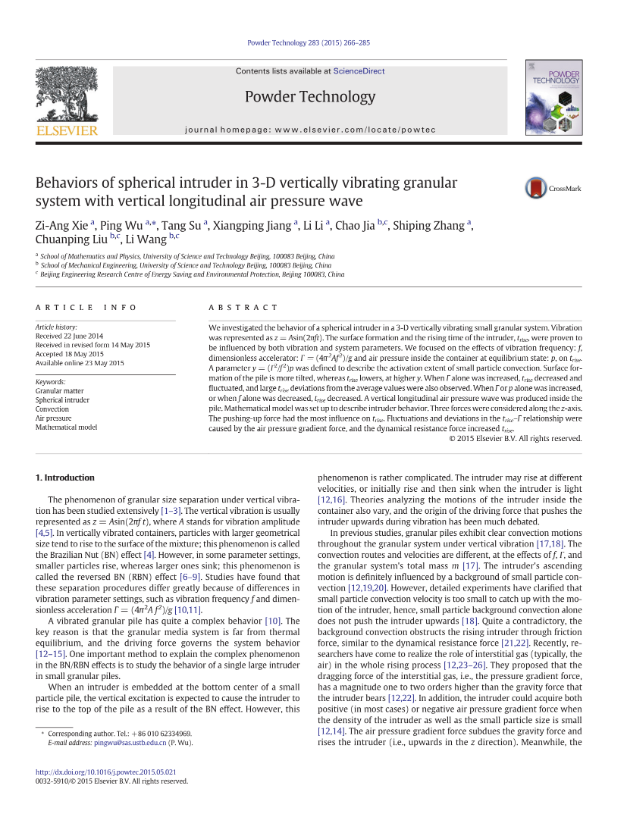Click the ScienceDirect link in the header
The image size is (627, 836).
point(359,71)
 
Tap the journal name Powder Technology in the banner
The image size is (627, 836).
point(309,97)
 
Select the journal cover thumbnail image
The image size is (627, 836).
point(553,98)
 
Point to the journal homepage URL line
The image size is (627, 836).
point(310,130)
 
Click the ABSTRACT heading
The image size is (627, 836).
point(243,308)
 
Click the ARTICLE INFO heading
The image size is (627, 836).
point(86,308)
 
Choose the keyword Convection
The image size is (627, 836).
point(52,409)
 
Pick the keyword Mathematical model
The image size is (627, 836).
point(67,427)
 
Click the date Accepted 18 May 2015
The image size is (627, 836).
point(70,354)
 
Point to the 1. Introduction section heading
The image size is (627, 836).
point(65,477)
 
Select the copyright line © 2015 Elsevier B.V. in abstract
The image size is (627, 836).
point(516,438)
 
